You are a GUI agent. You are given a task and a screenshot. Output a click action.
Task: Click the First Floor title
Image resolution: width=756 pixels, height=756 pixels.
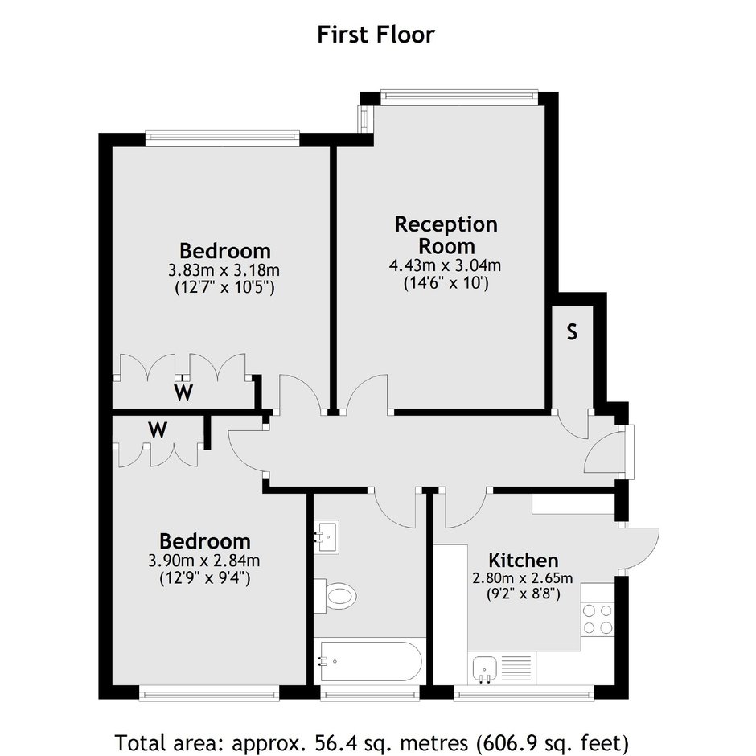[376, 35]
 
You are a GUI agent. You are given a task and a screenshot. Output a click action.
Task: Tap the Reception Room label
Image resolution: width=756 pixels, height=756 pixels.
[446, 236]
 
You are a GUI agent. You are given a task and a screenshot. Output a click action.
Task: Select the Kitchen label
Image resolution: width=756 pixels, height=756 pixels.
[523, 561]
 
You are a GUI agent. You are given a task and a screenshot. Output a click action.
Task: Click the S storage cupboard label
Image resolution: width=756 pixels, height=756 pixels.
[572, 331]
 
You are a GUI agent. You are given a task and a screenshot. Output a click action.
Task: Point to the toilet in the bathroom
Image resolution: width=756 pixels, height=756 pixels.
[335, 596]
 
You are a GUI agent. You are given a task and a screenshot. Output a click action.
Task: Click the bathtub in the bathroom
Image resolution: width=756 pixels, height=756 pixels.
[369, 661]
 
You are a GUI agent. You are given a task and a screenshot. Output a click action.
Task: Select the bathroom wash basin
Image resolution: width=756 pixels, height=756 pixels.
[327, 536]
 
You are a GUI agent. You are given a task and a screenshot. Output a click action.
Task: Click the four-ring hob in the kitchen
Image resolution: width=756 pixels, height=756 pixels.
[598, 619]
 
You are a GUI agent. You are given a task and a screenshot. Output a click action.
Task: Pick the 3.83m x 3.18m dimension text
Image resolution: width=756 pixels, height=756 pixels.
[224, 270]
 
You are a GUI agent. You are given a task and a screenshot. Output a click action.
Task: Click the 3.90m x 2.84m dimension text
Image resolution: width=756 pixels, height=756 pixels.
[204, 561]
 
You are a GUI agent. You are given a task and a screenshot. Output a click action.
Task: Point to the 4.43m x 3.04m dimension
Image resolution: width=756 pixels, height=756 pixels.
[445, 265]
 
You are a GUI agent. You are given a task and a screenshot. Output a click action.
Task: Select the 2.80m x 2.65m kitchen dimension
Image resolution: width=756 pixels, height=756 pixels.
[523, 577]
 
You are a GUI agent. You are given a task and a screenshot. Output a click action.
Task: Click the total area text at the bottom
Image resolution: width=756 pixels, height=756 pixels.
[372, 742]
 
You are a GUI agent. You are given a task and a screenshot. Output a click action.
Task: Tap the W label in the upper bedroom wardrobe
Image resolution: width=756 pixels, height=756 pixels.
[183, 392]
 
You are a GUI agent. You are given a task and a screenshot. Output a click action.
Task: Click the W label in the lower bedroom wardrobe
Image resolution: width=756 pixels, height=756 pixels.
[158, 429]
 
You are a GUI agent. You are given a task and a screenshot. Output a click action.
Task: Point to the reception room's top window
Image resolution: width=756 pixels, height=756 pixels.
[458, 97]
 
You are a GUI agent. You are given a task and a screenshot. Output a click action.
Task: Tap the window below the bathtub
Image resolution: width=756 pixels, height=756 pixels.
[370, 693]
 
